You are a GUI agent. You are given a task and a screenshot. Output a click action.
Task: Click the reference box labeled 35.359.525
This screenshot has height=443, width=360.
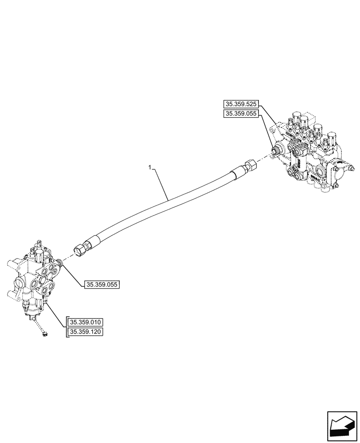241,105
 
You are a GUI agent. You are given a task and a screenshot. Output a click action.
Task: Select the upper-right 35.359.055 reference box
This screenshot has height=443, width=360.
241,114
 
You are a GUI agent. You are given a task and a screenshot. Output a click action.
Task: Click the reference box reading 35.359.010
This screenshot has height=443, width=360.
86,322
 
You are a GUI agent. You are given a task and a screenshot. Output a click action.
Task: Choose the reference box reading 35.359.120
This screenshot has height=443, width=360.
86,331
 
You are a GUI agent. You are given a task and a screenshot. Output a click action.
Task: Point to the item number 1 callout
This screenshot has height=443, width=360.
150,168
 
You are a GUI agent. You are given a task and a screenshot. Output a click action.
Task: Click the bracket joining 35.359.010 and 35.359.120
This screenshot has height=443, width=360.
67,326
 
